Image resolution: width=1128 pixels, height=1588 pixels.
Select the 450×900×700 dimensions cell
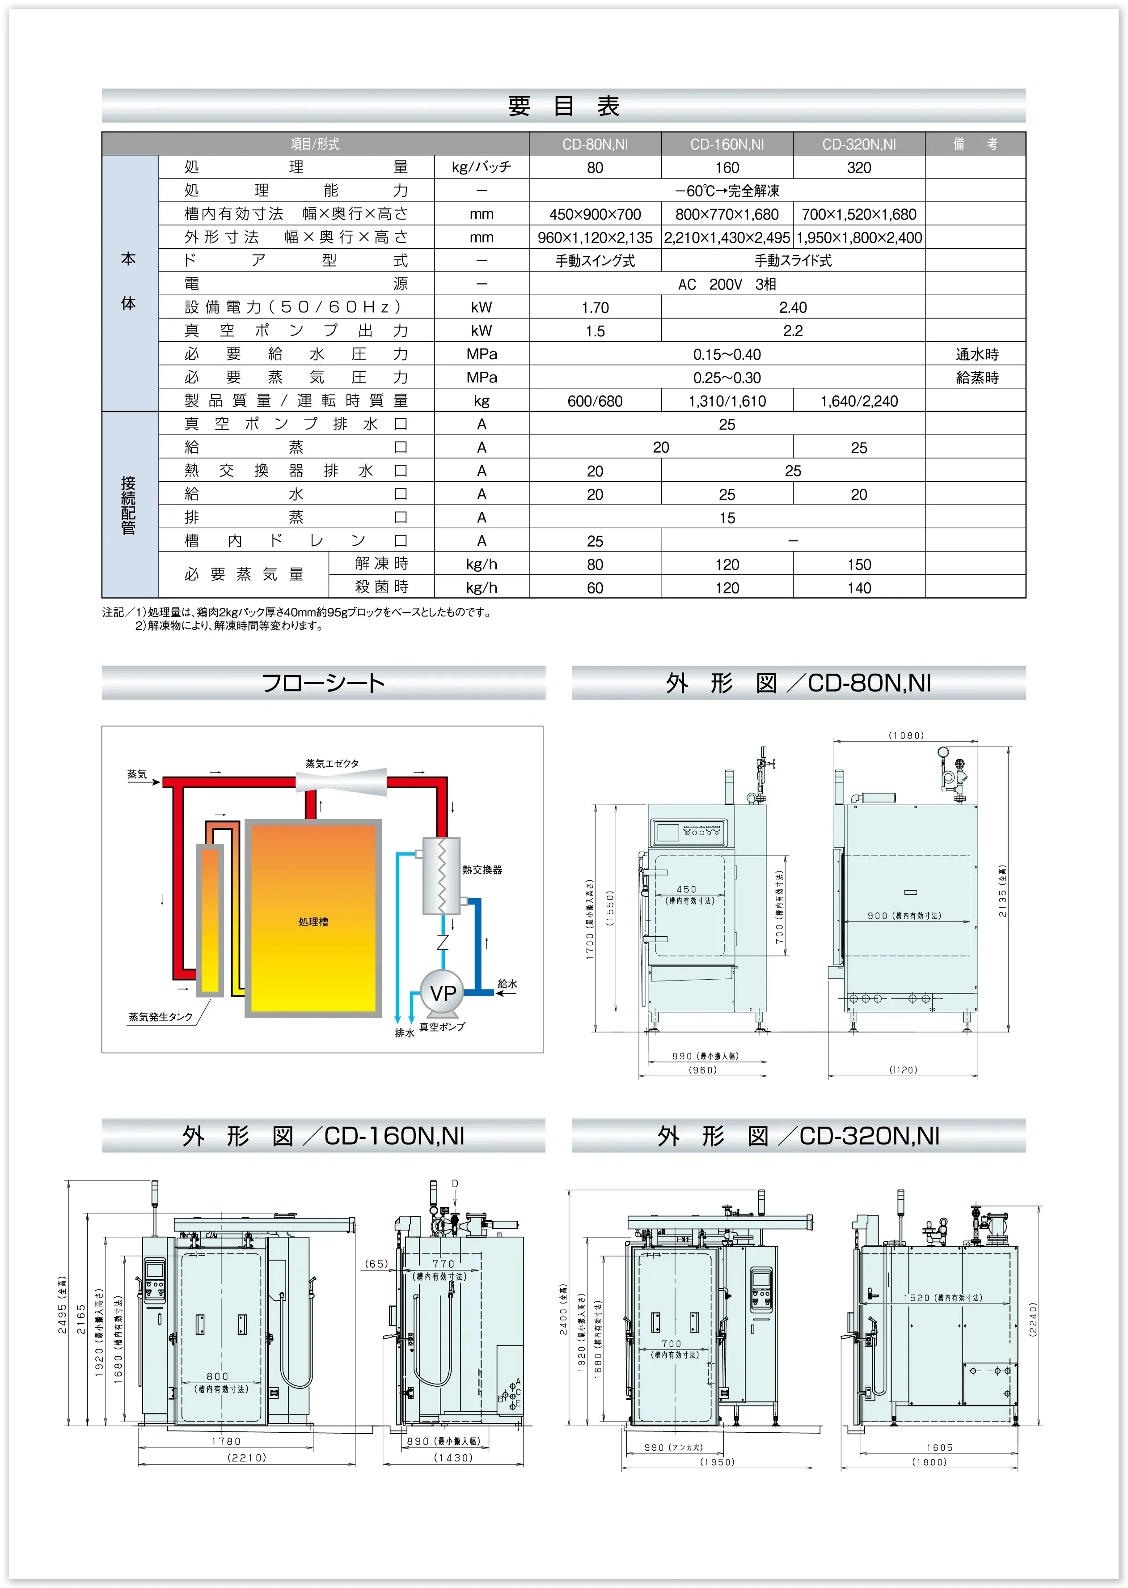click(x=595, y=214)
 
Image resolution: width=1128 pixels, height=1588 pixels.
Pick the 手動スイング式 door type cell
click(x=595, y=261)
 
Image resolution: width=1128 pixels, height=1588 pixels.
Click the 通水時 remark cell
click(x=976, y=354)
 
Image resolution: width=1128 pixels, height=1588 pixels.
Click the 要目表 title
click(x=563, y=106)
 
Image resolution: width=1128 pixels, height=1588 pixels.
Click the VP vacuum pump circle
click(x=443, y=993)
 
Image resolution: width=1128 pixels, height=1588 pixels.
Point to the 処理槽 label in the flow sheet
click(x=313, y=921)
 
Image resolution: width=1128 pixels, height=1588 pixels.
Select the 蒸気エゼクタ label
click(x=332, y=763)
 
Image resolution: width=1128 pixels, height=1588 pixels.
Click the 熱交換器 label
click(x=482, y=870)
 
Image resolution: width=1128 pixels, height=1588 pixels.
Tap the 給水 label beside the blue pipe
click(x=507, y=983)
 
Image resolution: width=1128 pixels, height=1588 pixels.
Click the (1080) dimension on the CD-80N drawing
click(x=906, y=735)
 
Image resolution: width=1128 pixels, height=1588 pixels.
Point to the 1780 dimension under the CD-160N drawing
click(x=226, y=1441)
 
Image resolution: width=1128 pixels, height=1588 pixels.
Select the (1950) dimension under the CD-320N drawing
click(x=717, y=1461)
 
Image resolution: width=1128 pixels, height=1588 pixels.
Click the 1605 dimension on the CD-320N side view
click(x=939, y=1448)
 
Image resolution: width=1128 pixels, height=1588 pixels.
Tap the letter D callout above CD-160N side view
click(x=455, y=1184)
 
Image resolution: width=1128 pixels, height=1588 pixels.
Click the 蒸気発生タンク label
click(x=161, y=1017)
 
